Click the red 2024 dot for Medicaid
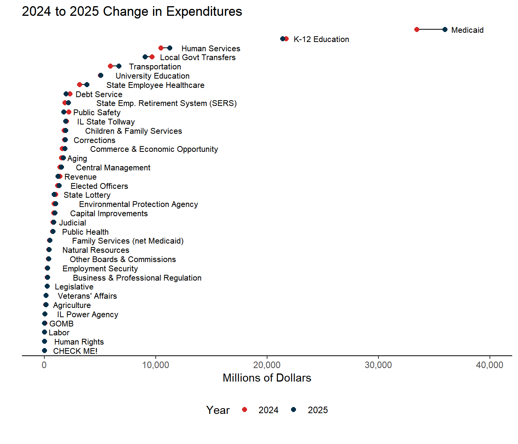(x=417, y=30)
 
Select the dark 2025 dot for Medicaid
(x=445, y=30)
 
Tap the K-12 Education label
(x=321, y=39)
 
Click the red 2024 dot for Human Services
(x=161, y=48)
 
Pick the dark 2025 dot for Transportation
(x=119, y=66)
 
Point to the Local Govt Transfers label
(x=198, y=57)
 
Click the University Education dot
(x=101, y=76)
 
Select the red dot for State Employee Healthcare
(x=79, y=85)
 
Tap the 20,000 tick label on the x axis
(x=267, y=365)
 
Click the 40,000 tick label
(x=489, y=365)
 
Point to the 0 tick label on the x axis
(x=44, y=365)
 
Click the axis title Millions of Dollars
(x=267, y=378)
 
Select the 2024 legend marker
(x=244, y=410)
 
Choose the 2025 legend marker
(x=294, y=410)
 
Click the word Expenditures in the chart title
(x=204, y=12)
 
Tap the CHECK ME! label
(x=75, y=351)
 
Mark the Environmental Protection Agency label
(x=138, y=204)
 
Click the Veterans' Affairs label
(x=87, y=296)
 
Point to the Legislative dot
(x=47, y=286)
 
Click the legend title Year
(x=218, y=410)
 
